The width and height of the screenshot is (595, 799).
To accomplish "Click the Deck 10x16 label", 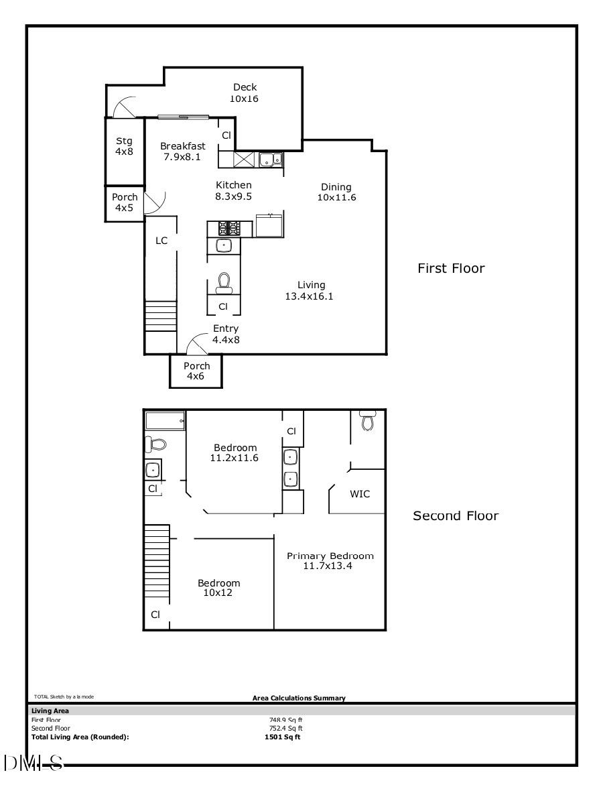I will tap(244, 93).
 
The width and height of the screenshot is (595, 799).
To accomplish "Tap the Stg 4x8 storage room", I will tap(125, 146).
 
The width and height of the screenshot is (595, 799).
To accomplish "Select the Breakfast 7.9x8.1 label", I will tap(183, 151).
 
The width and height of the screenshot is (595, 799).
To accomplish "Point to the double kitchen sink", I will tap(271, 160).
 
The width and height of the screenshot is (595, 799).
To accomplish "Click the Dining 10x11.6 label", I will tap(336, 192).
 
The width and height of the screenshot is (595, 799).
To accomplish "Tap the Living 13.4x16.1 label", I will tap(311, 290).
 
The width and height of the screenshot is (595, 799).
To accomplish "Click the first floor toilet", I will tap(224, 283).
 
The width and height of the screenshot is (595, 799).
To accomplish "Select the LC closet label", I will tap(161, 241).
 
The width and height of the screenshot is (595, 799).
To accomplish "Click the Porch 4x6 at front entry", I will tap(196, 371).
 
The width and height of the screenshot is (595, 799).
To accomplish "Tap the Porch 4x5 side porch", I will tap(125, 202).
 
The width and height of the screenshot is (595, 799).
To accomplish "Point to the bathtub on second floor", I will tap(166, 422).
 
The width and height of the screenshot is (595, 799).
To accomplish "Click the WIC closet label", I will tap(360, 494).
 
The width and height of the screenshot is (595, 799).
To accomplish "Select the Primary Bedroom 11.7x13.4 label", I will tap(330, 560).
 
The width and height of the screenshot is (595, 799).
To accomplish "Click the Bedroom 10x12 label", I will tap(218, 588).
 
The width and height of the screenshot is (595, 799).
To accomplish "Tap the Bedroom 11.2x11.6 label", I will tap(235, 453).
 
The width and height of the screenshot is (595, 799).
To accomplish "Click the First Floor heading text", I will tap(451, 269).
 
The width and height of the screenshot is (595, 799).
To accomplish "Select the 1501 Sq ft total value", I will tap(283, 737).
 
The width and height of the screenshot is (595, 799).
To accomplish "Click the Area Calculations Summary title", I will tap(299, 698).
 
